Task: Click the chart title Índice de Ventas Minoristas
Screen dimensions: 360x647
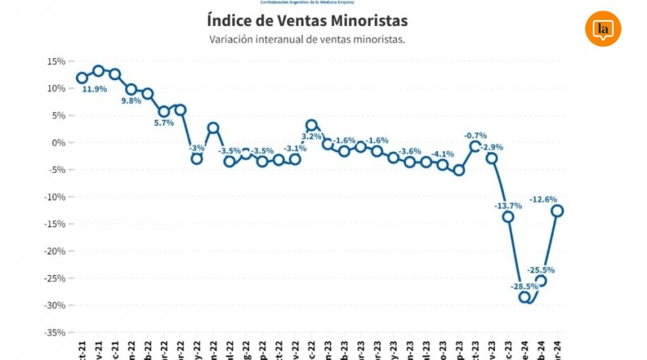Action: point(319,20)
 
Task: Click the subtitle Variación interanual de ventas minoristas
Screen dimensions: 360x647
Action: point(307,39)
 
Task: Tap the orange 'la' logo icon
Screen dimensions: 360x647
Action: point(603,28)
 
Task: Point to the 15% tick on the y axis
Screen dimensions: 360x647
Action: point(55,61)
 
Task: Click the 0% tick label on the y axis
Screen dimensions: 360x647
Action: point(58,142)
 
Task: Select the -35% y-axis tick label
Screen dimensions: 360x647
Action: point(53,332)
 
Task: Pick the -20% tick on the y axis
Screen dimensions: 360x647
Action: point(53,251)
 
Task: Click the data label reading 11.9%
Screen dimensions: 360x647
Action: point(94,90)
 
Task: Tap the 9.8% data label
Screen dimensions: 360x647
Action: point(131,101)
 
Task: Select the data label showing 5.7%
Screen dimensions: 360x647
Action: point(164,123)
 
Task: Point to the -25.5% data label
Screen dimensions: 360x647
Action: point(541,270)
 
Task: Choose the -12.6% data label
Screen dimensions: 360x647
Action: point(543,199)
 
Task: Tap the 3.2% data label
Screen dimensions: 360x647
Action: point(312,136)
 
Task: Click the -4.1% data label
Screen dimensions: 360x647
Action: point(442,154)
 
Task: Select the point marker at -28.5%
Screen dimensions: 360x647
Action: point(525,298)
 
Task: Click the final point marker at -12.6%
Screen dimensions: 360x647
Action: point(558,210)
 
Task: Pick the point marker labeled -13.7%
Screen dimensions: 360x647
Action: point(508,217)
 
